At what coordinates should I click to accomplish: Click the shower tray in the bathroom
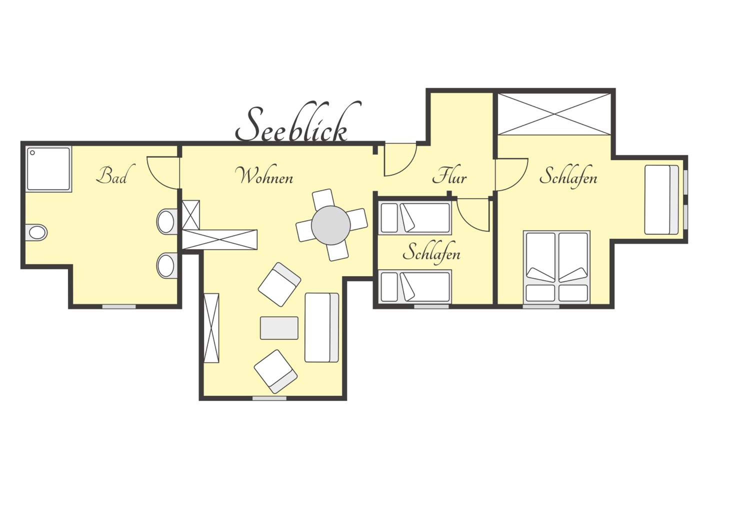click(49, 169)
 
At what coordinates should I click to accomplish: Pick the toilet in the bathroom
click(36, 232)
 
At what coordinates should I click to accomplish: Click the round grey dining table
click(331, 225)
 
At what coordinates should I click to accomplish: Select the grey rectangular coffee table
click(279, 328)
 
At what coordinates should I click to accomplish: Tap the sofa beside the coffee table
click(322, 328)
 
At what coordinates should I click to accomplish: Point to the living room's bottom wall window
click(269, 398)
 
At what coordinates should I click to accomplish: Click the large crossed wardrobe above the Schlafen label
click(554, 114)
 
